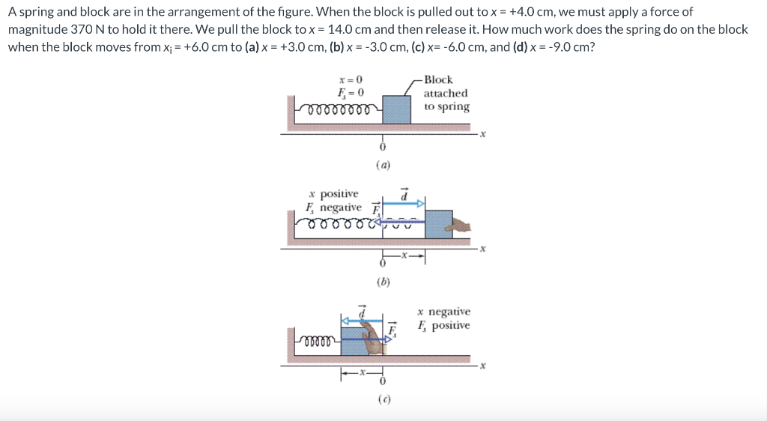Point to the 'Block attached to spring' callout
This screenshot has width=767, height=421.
446,93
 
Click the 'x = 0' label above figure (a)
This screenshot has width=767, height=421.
351,80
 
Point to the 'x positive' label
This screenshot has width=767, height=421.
333,194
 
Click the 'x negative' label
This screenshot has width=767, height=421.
444,312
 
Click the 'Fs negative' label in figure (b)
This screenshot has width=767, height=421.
333,208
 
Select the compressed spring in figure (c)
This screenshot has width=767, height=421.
318,341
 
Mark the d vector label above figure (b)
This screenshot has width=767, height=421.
404,193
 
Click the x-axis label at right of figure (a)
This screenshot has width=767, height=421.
483,135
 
